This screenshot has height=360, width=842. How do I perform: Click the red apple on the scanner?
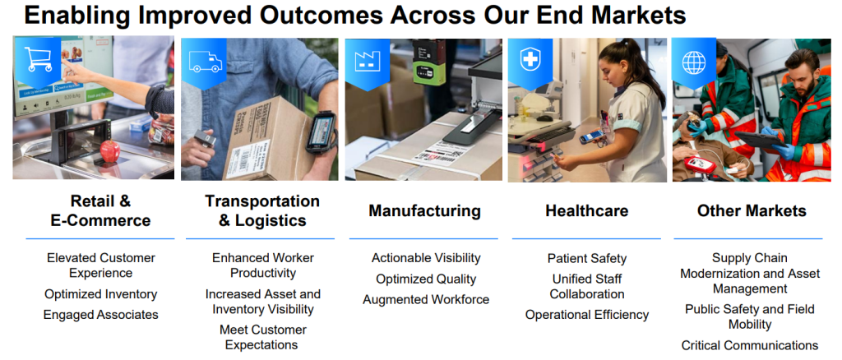tap(109, 150)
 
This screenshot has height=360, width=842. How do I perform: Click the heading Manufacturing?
tap(424, 211)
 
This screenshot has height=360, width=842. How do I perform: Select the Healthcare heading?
tap(586, 211)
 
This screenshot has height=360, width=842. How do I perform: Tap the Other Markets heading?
tap(752, 211)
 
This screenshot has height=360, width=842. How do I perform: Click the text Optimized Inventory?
tap(100, 294)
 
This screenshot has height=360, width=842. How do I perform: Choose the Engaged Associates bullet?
tap(100, 315)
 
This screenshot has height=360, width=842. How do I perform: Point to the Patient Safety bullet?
tap(586, 259)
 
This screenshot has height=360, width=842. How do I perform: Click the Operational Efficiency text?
tap(586, 315)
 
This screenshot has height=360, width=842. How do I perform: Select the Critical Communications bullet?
tap(749, 345)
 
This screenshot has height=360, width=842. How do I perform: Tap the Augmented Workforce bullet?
tap(425, 300)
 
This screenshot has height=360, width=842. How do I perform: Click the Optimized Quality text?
tap(425, 279)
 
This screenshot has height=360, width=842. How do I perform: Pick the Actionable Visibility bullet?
tap(425, 259)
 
